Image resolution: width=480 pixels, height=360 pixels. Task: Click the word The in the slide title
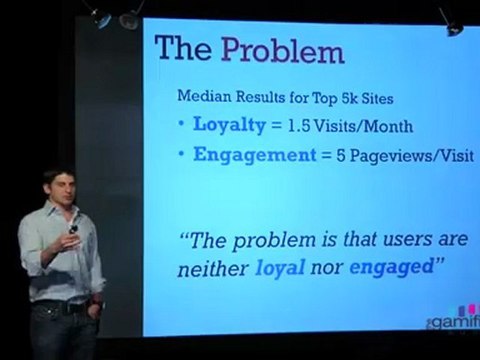click(x=187, y=48)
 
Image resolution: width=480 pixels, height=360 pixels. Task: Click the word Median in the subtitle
click(x=202, y=97)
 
